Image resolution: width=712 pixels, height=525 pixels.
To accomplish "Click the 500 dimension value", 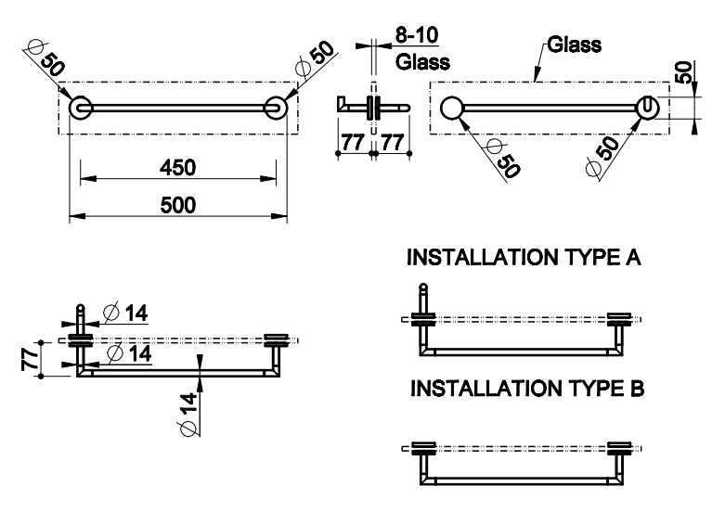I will [x=177, y=205].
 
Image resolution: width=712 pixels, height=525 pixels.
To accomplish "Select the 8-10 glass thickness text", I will [x=417, y=35].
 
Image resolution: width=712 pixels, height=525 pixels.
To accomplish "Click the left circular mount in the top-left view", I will [x=80, y=108].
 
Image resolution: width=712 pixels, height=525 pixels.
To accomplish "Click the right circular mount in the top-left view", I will [x=276, y=108].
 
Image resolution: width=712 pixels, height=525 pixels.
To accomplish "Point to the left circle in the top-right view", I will [x=452, y=109].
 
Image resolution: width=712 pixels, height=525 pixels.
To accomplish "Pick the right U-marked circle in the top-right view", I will [x=648, y=109].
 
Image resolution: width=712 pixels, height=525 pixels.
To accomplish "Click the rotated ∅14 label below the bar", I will [x=188, y=414].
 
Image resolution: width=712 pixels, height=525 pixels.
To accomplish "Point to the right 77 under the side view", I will [x=391, y=143].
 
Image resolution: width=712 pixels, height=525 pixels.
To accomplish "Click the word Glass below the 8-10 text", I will [x=422, y=62].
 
